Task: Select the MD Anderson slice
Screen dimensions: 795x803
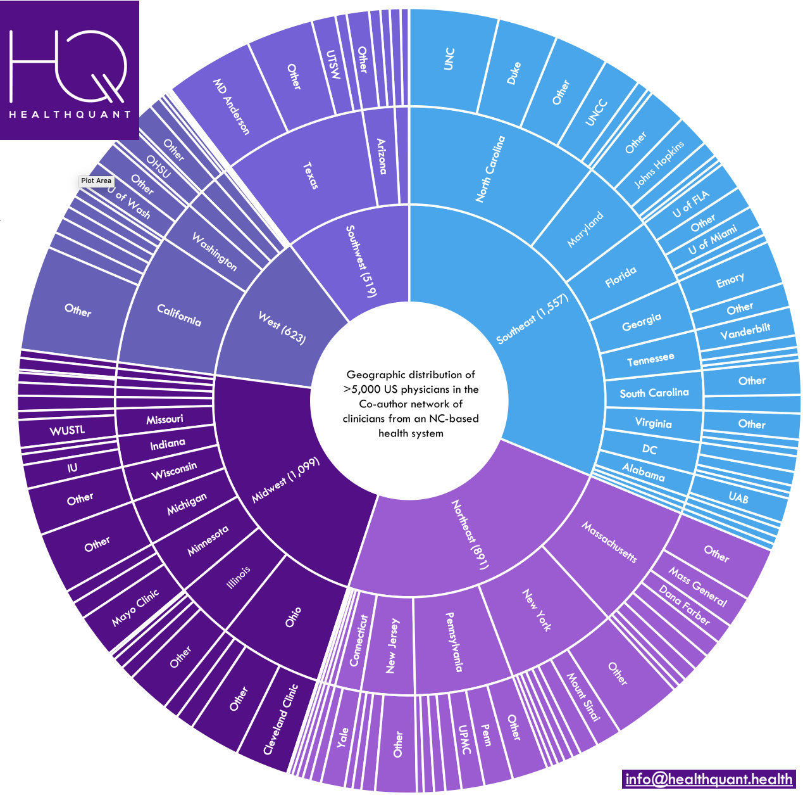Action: [232, 106]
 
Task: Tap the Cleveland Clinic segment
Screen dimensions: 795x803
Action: [280, 718]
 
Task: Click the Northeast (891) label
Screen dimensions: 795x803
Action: [469, 534]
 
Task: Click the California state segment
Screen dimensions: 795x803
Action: [179, 315]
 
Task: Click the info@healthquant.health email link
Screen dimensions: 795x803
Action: [708, 779]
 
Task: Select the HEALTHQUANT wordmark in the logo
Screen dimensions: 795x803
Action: [70, 114]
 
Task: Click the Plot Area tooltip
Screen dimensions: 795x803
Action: [96, 181]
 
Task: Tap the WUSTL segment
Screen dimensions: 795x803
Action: [67, 431]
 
